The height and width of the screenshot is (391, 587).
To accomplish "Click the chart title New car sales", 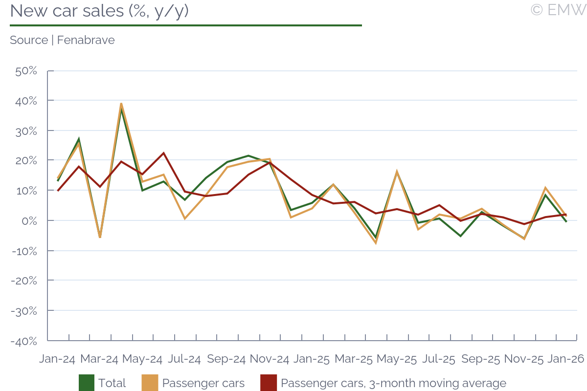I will pos(99,11).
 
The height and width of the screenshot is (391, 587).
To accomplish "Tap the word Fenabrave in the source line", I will pos(86,40).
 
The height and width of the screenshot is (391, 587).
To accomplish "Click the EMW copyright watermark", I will pos(558,9).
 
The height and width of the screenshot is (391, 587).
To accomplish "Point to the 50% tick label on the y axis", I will pos(26,71).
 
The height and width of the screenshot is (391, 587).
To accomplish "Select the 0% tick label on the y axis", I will pos(29,221).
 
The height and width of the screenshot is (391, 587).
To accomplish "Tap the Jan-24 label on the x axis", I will pos(57,359).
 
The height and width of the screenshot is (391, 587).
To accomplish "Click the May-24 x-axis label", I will pos(142,359).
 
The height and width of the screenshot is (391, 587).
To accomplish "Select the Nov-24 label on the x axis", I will pos(270,359).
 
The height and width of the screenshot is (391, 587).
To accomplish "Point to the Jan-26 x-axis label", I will pos(565,359).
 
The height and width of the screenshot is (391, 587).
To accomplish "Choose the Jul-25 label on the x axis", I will pos(439,359).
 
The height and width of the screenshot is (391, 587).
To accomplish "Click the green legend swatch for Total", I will pos(87,383).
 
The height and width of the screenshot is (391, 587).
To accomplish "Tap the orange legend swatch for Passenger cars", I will pos(150,383).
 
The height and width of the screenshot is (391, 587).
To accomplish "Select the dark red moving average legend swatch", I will pos(269,383).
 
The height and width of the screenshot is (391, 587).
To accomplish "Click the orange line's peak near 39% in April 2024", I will pos(121,104).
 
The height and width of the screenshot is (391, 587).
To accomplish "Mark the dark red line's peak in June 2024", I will pos(163,153).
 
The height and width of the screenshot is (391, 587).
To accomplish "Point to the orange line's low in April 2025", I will pos(376,243).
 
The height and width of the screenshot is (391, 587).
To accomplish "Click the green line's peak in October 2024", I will pos(248,156).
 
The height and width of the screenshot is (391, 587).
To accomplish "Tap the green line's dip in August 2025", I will pos(460,236).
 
